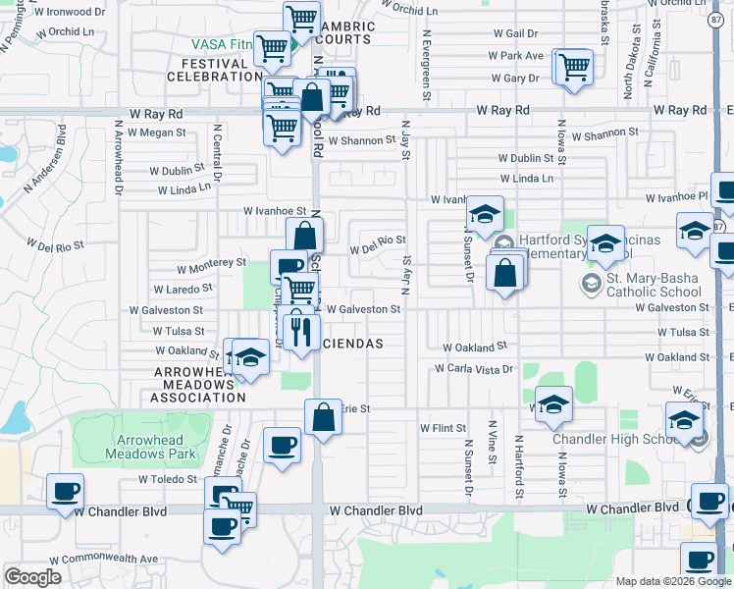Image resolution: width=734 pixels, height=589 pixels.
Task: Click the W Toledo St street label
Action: [x=169, y=480]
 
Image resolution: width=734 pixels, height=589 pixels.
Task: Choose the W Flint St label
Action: [x=443, y=428]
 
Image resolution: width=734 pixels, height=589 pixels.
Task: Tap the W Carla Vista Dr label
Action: [x=475, y=369]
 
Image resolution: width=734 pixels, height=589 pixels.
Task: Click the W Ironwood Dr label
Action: [x=69, y=12]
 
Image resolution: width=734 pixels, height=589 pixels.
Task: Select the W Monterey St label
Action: [x=211, y=264]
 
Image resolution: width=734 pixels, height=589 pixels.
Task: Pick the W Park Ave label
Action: [x=520, y=56]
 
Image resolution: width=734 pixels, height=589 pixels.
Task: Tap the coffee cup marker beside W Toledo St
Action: [x=66, y=490]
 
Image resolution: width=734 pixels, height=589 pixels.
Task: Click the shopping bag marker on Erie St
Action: [x=323, y=416]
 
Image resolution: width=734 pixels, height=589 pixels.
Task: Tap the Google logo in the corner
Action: [x=32, y=577]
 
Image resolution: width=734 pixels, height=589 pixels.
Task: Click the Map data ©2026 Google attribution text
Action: [x=672, y=581]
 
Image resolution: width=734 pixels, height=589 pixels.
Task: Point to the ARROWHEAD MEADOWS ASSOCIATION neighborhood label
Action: [x=200, y=384]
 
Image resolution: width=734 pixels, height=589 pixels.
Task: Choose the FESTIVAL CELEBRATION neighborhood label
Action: [x=208, y=70]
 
